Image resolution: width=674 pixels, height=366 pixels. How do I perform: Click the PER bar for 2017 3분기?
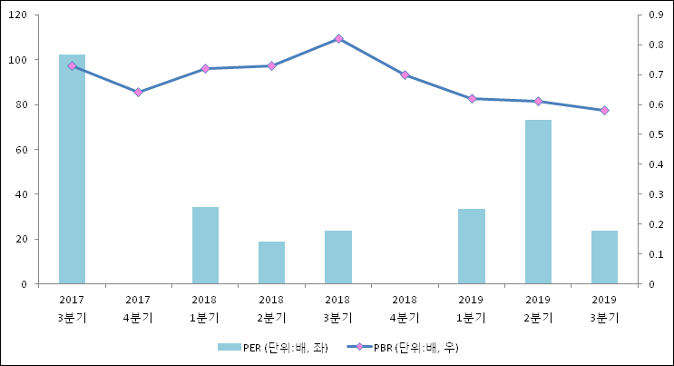tap(72, 169)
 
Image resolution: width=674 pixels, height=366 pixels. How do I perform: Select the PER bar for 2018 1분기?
tap(205, 245)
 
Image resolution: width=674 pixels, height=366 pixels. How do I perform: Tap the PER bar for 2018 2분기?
tap(271, 262)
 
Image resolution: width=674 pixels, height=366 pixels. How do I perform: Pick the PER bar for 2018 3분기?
tap(338, 257)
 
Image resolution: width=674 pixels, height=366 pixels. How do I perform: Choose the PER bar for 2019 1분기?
tap(471, 246)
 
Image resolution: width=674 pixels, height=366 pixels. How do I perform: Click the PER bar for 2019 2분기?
tap(538, 202)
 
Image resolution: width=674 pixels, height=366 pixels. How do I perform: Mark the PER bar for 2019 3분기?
tap(604, 257)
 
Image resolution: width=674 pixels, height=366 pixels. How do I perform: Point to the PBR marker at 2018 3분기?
tap(338, 39)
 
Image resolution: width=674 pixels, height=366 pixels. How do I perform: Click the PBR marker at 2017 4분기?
tap(138, 93)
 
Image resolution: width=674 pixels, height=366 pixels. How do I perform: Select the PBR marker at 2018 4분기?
tap(405, 75)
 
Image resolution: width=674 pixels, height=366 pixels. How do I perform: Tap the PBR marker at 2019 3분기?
tap(604, 111)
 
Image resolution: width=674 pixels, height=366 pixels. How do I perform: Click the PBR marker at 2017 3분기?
tap(72, 65)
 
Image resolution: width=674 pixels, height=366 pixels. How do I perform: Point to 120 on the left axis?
tap(18, 15)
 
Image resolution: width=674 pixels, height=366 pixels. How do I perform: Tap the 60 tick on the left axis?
tap(21, 150)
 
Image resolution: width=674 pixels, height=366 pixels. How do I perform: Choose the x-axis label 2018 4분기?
tap(405, 308)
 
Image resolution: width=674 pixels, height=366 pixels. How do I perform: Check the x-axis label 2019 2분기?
tap(538, 308)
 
